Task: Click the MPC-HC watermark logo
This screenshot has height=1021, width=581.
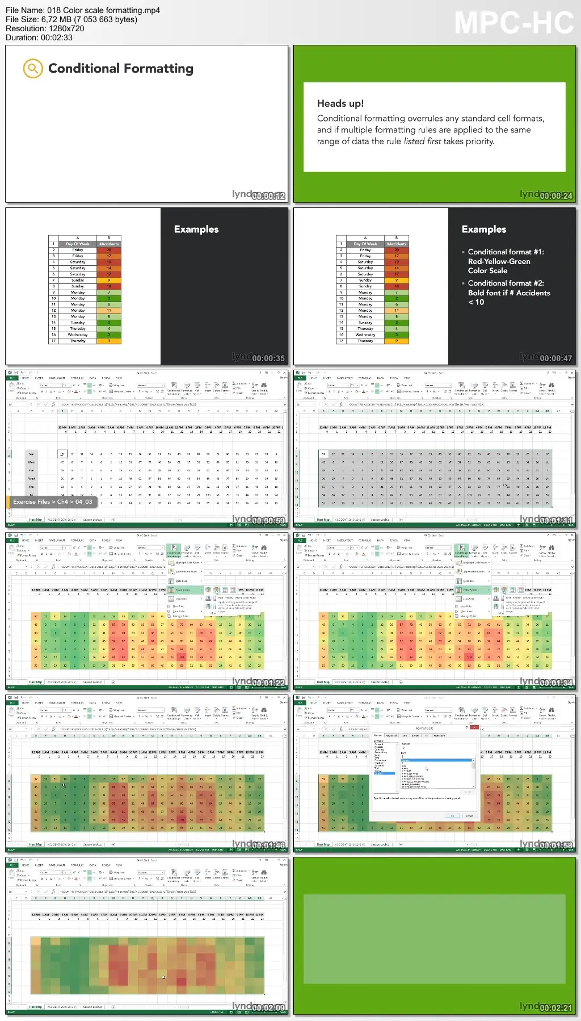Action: (x=513, y=23)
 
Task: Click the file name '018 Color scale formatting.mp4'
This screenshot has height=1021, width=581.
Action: (x=101, y=10)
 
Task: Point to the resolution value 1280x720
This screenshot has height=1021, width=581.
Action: (x=62, y=28)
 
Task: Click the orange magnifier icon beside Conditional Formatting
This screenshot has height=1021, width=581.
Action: (x=33, y=69)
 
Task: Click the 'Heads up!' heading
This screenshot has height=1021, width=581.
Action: (x=340, y=103)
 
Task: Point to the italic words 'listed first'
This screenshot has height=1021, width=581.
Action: (x=422, y=141)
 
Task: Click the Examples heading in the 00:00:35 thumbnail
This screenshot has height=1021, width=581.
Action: (x=196, y=229)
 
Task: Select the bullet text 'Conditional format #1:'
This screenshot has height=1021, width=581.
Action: (x=506, y=252)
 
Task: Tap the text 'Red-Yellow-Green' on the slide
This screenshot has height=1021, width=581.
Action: (x=499, y=262)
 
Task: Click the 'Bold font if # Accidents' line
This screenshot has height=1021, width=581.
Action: (x=509, y=293)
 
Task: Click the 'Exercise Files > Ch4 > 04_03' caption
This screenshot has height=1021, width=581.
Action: (x=52, y=502)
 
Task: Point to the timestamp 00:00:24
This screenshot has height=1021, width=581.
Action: (x=555, y=196)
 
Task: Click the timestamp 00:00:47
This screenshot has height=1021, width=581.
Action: (x=555, y=358)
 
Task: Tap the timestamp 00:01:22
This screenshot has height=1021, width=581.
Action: (x=268, y=683)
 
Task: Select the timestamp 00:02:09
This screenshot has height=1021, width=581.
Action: (x=268, y=1007)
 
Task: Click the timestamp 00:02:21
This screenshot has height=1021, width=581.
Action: (x=555, y=1007)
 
